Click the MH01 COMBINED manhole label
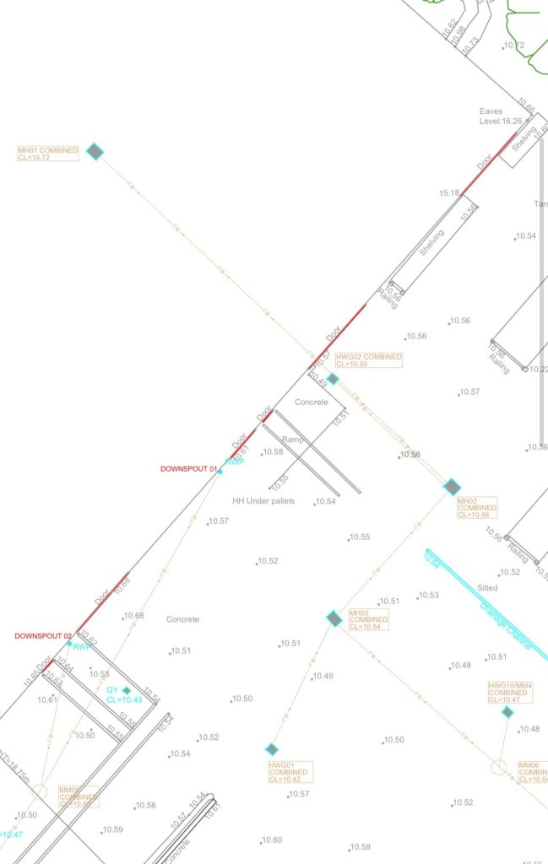tap(47, 154)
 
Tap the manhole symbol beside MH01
tap(95, 151)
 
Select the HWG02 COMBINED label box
tap(369, 360)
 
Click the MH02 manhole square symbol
tap(452, 487)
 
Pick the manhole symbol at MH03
tap(334, 618)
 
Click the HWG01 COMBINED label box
tap(290, 772)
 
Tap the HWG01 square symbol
tap(272, 749)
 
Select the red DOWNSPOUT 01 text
tap(189, 468)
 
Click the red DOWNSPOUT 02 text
tap(43, 635)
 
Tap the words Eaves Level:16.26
tap(500, 116)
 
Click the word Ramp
tap(292, 440)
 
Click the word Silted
tap(487, 587)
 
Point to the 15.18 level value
tap(449, 193)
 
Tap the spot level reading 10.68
tap(133, 616)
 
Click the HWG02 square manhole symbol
tap(333, 379)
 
